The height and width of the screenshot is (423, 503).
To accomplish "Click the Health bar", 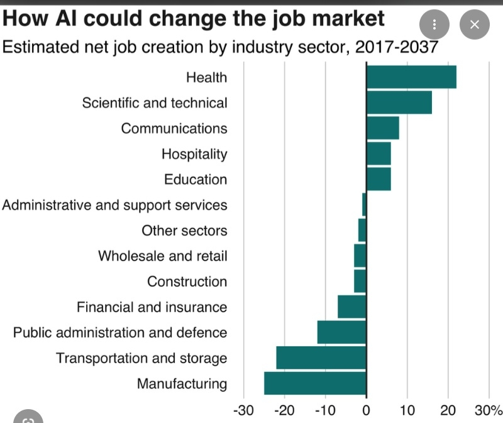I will pyautogui.click(x=411, y=77).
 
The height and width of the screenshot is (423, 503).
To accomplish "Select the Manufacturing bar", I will pyautogui.click(x=315, y=383).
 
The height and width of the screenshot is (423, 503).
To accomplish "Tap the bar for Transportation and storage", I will pyautogui.click(x=321, y=358).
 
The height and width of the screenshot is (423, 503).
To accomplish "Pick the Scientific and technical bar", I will pyautogui.click(x=399, y=102).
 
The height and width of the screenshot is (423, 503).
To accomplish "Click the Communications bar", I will pyautogui.click(x=382, y=128).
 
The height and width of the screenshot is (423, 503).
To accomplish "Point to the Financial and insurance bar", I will pyautogui.click(x=352, y=307).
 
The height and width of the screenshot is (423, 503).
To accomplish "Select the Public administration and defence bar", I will pyautogui.click(x=341, y=332).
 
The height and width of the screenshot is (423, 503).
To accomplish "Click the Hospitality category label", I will pyautogui.click(x=194, y=154).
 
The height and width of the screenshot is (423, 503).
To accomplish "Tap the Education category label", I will pyautogui.click(x=196, y=179).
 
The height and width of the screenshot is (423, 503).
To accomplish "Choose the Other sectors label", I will pyautogui.click(x=184, y=230).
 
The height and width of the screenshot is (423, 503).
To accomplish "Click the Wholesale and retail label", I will pyautogui.click(x=163, y=256).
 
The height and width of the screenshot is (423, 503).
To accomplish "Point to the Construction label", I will pyautogui.click(x=187, y=281).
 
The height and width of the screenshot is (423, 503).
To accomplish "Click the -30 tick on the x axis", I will pyautogui.click(x=243, y=410).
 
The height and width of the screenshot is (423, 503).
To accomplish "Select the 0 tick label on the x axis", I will pyautogui.click(x=366, y=410).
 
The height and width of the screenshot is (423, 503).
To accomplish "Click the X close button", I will pyautogui.click(x=474, y=25).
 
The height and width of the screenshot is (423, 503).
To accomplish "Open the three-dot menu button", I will pyautogui.click(x=434, y=25).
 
